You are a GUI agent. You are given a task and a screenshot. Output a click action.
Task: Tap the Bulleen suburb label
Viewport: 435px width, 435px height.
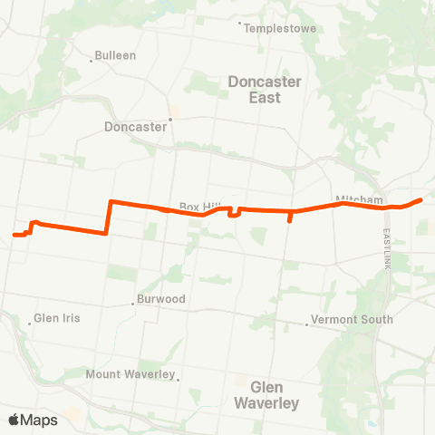point(117,55)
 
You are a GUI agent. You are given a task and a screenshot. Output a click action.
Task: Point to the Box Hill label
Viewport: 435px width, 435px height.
point(195,207)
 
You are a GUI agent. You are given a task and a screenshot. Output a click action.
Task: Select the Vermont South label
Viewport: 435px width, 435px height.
point(352,319)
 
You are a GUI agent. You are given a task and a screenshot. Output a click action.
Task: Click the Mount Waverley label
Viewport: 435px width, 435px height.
point(129,374)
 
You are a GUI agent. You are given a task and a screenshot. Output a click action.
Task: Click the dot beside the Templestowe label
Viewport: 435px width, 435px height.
point(239,24)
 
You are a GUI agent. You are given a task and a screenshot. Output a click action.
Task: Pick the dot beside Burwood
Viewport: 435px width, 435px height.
point(133,304)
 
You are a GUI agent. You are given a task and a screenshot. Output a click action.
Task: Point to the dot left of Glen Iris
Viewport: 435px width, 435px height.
point(27,319)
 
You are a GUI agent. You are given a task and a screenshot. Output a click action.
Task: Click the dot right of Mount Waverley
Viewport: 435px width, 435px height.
point(179,379)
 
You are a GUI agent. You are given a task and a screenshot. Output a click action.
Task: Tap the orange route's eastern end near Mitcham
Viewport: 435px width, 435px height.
point(421,199)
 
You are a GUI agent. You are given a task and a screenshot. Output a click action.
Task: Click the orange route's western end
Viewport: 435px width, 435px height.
point(14,236)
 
